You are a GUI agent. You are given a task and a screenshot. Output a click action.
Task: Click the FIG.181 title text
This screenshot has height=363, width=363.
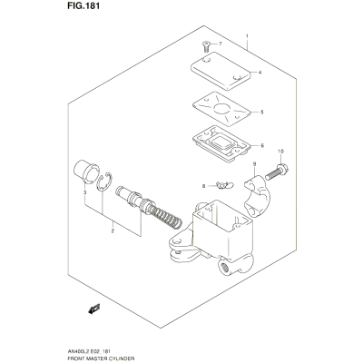pyautogui.click(x=83, y=6)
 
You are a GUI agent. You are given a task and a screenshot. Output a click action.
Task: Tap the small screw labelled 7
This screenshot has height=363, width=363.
pyautogui.click(x=205, y=47)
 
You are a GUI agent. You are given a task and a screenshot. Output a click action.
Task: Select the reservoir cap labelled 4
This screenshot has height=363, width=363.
pyautogui.click(x=221, y=71)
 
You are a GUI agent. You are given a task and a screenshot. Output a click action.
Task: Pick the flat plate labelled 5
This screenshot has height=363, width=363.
pyautogui.click(x=222, y=109)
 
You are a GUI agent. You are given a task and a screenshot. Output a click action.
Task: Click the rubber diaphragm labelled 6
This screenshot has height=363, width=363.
pyautogui.click(x=221, y=143)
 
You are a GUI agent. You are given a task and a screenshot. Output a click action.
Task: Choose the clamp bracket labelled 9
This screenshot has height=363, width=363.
pyautogui.click(x=257, y=196)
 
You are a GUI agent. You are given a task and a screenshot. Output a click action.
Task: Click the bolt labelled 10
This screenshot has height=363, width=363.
pyautogui.click(x=277, y=172)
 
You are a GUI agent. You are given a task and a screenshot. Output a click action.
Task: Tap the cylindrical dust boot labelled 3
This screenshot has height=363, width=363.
pyautogui.click(x=86, y=172)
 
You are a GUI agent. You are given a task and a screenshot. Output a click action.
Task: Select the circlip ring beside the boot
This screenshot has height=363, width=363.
pyautogui.click(x=105, y=182)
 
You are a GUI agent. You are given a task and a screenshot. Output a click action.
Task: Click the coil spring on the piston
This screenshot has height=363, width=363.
pyautogui.click(x=166, y=216)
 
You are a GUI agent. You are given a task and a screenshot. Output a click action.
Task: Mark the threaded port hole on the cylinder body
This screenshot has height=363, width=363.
pyautogui.click(x=224, y=267)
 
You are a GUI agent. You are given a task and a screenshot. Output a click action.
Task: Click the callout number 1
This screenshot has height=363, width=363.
pyautogui.click(x=247, y=36)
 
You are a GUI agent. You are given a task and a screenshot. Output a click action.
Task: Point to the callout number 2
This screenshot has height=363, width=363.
pyautogui.click(x=113, y=231)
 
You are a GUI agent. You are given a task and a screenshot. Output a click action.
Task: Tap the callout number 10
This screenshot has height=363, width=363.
pyautogui.click(x=280, y=151)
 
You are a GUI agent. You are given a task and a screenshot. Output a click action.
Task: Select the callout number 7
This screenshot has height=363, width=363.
pyautogui.click(x=221, y=44)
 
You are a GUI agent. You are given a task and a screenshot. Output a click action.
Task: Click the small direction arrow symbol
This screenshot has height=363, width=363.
pyautogui.click(x=93, y=309)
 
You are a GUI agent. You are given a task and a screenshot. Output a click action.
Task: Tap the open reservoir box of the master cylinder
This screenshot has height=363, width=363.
pyautogui.click(x=222, y=230)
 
